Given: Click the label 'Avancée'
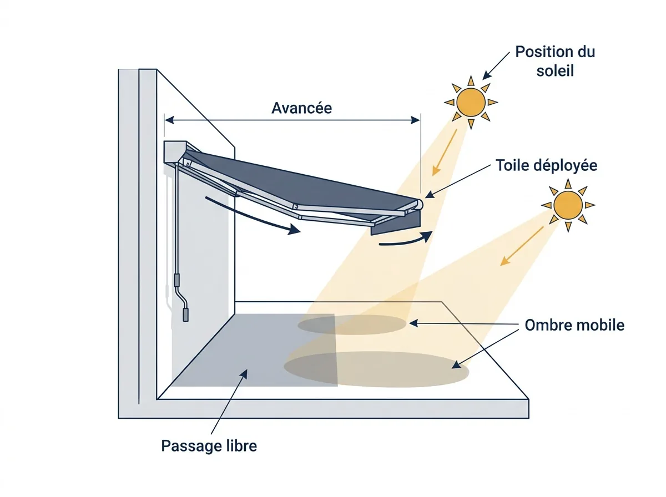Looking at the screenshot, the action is coord(301,108).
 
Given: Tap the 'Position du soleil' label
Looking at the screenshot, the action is coord(555,61).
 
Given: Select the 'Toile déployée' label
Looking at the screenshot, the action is coord(546,165).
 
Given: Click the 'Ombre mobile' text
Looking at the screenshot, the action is coord(574,325).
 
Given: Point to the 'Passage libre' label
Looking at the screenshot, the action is coord(209,446).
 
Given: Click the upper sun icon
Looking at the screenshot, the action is coord(471,103).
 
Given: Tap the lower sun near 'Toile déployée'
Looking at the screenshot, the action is coord(568,205).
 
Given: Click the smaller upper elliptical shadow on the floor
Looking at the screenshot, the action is coord(352,324).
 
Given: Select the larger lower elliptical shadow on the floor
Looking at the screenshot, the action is coord(376,369).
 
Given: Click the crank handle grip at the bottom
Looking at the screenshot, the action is coord(185,315).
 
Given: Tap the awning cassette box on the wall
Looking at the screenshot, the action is coord(175,152).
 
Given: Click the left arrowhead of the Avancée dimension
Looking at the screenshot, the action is coord(169,120).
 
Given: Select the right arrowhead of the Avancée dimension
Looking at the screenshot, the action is coord(415,120).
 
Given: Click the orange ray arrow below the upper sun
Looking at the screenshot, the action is coord(445,152).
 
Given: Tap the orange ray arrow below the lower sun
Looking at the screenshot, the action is coord(522,246).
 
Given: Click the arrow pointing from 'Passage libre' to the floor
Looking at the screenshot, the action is coord(229,402).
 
